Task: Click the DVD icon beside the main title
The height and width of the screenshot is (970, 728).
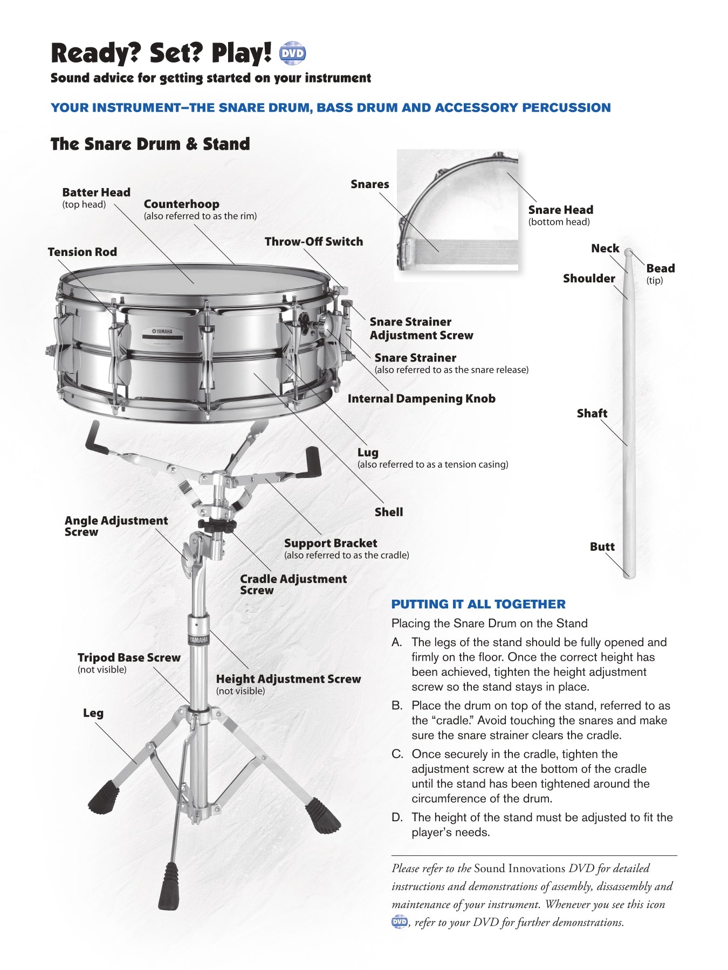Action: (292, 53)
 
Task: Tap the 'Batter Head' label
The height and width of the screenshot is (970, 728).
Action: (96, 192)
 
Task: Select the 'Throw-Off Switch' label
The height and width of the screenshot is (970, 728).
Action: (313, 241)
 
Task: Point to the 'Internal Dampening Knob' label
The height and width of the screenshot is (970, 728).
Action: (421, 399)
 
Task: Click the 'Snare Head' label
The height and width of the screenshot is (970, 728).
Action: (560, 210)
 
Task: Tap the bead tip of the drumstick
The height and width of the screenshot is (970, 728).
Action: (628, 252)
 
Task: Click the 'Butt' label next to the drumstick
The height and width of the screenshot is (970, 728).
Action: (602, 546)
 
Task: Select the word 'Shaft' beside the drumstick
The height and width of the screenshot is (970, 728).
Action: (592, 413)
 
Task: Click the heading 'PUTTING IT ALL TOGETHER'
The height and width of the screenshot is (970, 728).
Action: (478, 604)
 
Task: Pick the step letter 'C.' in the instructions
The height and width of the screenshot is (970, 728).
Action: (397, 754)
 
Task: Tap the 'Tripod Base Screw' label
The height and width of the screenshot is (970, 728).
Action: (129, 657)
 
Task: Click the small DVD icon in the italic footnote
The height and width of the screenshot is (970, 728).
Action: (400, 922)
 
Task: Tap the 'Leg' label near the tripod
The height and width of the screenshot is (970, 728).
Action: (93, 713)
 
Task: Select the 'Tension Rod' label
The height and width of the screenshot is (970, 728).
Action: (82, 252)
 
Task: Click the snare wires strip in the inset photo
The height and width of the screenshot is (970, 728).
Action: (458, 252)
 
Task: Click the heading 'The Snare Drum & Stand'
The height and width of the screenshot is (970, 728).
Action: (150, 144)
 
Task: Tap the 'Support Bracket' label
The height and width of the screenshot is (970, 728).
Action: (331, 543)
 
